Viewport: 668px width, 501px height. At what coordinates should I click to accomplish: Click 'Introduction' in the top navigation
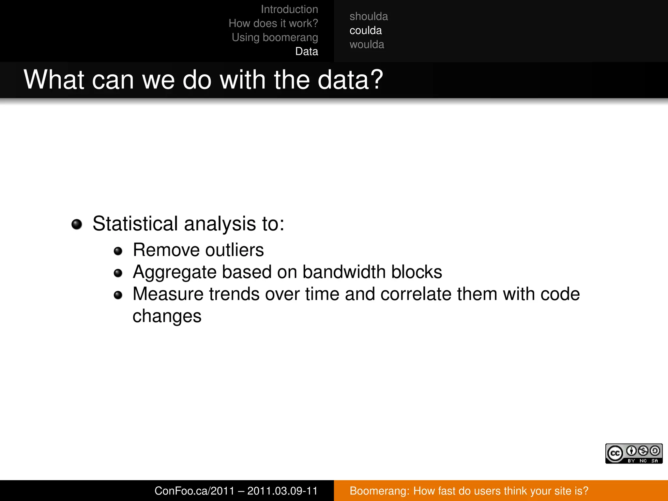(x=289, y=9)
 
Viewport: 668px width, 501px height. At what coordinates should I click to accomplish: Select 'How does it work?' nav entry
(x=273, y=23)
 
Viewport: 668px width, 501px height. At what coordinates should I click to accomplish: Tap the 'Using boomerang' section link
(x=275, y=38)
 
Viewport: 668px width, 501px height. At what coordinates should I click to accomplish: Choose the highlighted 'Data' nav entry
(x=307, y=52)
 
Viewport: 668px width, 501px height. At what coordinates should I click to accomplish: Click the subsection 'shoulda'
(x=369, y=17)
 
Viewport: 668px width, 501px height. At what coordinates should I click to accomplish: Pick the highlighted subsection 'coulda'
(x=365, y=31)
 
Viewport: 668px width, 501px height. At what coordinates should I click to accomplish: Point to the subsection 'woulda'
(x=367, y=45)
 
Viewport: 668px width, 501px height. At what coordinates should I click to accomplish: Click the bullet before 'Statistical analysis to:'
(x=77, y=224)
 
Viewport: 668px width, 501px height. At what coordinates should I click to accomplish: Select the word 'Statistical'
(x=135, y=224)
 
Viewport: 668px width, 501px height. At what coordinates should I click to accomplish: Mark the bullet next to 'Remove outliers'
(x=118, y=251)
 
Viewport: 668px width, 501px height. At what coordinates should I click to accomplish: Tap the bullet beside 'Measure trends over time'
(x=118, y=295)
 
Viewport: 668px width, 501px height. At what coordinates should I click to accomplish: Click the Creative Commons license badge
(x=633, y=453)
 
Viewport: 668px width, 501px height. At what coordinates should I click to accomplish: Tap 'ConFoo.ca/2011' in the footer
(x=194, y=491)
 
